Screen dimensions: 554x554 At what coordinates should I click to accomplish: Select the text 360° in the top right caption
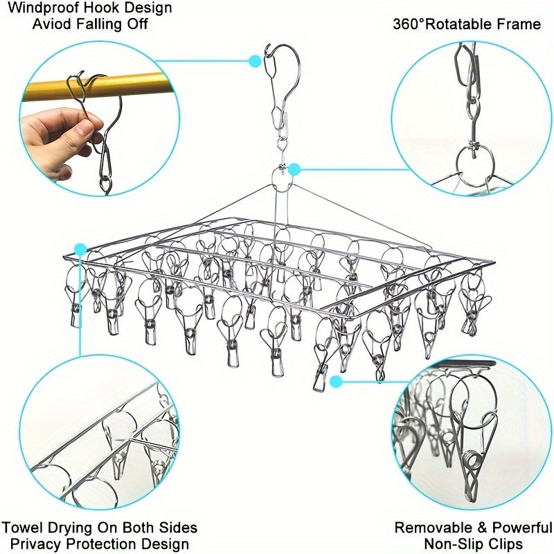[x=408, y=24]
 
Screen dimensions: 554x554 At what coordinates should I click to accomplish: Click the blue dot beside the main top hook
[x=255, y=61]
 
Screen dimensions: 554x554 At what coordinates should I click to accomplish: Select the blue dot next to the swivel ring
[x=294, y=170]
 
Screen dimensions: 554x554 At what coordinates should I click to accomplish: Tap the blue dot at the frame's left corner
[x=80, y=249]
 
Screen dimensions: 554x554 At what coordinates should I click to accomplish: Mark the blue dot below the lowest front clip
[x=337, y=382]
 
